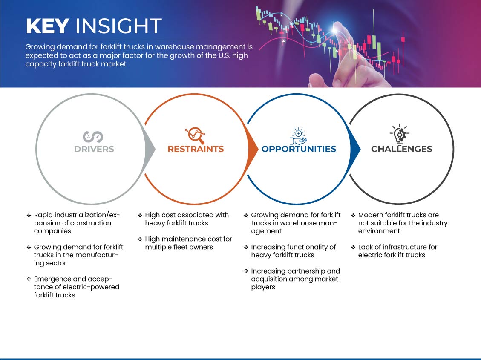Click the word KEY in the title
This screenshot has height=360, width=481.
pos(47,26)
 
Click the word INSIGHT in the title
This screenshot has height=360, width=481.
pos(118,26)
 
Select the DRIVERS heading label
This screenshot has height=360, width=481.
pos(94,149)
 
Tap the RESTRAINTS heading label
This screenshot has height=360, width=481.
pos(196,149)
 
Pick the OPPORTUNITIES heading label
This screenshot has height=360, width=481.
pos(299,149)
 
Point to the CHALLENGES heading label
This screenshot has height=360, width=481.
pos(402,149)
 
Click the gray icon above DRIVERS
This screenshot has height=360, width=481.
pos(93,137)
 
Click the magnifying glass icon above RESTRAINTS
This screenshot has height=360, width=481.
pos(195,135)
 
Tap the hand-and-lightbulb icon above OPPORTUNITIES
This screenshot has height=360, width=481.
pos(299,136)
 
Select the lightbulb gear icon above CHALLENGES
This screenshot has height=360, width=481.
pos(399,134)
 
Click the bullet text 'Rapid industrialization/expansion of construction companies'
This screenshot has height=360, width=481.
pos(77,223)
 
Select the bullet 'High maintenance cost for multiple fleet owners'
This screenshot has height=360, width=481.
pos(188,243)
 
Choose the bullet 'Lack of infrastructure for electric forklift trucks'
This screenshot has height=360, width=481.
pos(397,251)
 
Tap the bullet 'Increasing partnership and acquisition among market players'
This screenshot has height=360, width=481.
pos(295,279)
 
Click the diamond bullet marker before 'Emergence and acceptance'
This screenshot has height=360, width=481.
pos(29,279)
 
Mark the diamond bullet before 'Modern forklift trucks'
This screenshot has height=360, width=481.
pos(353,215)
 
